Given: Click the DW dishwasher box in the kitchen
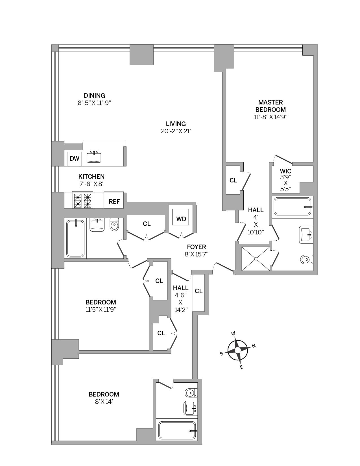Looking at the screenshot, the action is click(x=75, y=158).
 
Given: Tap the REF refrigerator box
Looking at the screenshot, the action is click(x=114, y=200).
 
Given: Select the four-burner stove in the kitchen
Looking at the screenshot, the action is click(x=82, y=200).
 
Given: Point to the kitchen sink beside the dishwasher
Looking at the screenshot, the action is click(x=94, y=157).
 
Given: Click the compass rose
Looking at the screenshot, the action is click(x=237, y=350).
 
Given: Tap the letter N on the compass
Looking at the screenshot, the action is click(x=254, y=346).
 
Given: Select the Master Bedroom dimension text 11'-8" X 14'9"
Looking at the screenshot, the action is click(x=270, y=117).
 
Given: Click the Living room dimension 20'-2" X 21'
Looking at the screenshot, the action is click(x=176, y=131).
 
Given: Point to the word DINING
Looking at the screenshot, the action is click(x=94, y=95).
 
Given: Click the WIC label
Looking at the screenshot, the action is click(x=285, y=171).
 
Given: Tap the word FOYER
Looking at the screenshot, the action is click(x=197, y=247).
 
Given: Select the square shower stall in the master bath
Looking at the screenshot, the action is click(x=256, y=259).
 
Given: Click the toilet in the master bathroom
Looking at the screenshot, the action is click(x=307, y=260).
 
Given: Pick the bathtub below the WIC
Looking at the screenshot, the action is click(x=293, y=206).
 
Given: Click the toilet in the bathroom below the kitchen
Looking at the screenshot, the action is click(x=114, y=224).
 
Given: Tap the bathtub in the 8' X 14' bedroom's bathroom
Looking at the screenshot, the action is click(x=177, y=431).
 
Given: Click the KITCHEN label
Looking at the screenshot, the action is click(x=91, y=177).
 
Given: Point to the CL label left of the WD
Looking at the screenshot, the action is click(x=147, y=224).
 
